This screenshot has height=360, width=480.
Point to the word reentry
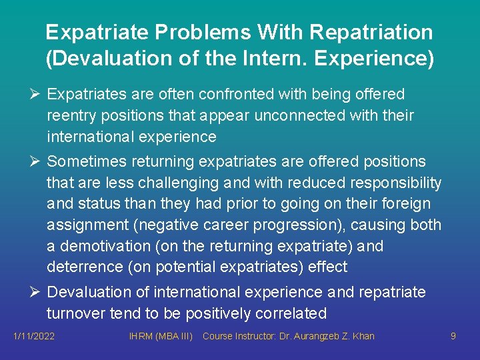(x=71, y=116)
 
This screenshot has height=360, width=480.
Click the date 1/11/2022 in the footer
(x=34, y=337)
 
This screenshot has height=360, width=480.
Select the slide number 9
(x=453, y=337)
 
